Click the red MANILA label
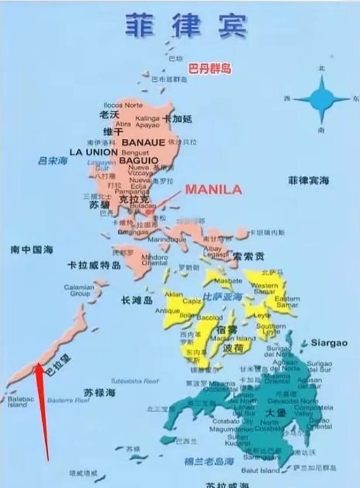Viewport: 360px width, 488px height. [213, 189]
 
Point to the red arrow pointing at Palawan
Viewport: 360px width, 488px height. [42, 410]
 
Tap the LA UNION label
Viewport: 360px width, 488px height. [93, 151]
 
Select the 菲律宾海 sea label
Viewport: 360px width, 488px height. [308, 180]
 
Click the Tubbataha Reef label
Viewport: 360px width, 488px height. [135, 381]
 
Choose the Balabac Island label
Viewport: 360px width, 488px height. [18, 401]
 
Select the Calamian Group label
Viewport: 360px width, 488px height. [78, 290]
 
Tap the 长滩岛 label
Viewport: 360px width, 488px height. [136, 300]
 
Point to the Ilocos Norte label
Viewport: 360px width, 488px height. [123, 105]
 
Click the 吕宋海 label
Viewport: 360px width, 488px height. [51, 159]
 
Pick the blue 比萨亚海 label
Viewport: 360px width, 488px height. [222, 297]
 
